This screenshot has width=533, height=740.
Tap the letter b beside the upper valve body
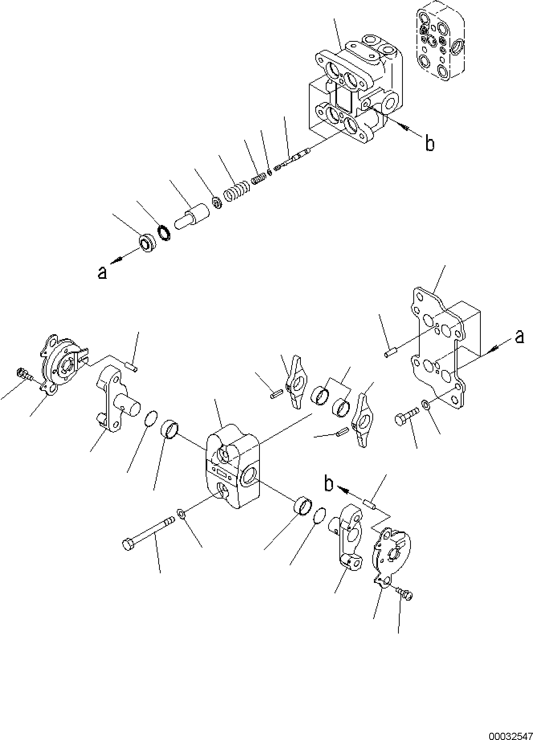tap(429, 143)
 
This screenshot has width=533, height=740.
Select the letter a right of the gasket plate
tap(519, 337)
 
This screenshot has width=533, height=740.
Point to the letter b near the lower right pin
tap(329, 485)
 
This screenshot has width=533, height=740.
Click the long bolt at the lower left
tap(147, 533)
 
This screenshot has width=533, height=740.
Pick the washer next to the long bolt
tap(180, 513)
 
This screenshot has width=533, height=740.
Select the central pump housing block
tap(233, 466)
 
